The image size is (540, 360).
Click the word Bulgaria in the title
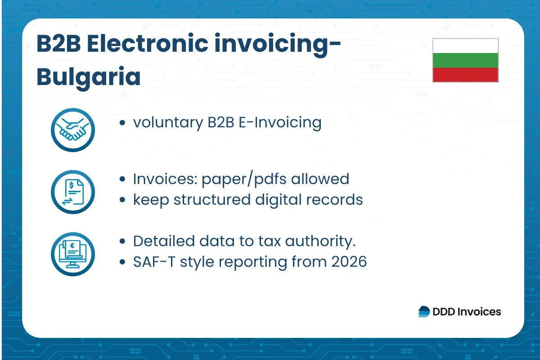point(88,76)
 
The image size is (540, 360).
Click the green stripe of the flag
point(465,60)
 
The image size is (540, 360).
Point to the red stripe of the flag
point(465,75)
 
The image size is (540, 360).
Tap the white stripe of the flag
point(465,45)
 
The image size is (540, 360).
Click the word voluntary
point(167,122)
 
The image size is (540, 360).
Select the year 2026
point(349,261)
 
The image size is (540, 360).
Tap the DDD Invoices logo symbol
point(424,311)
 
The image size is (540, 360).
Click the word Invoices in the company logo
point(479,311)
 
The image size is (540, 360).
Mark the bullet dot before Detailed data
point(122,242)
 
